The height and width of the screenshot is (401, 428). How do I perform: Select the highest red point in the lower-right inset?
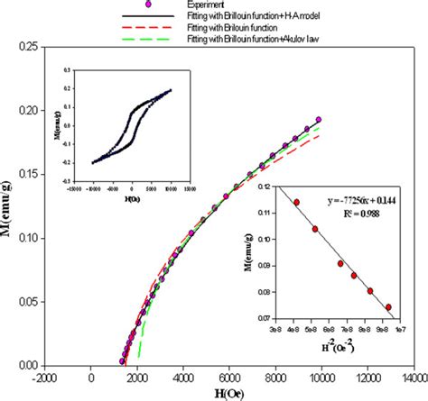(x=297, y=203)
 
